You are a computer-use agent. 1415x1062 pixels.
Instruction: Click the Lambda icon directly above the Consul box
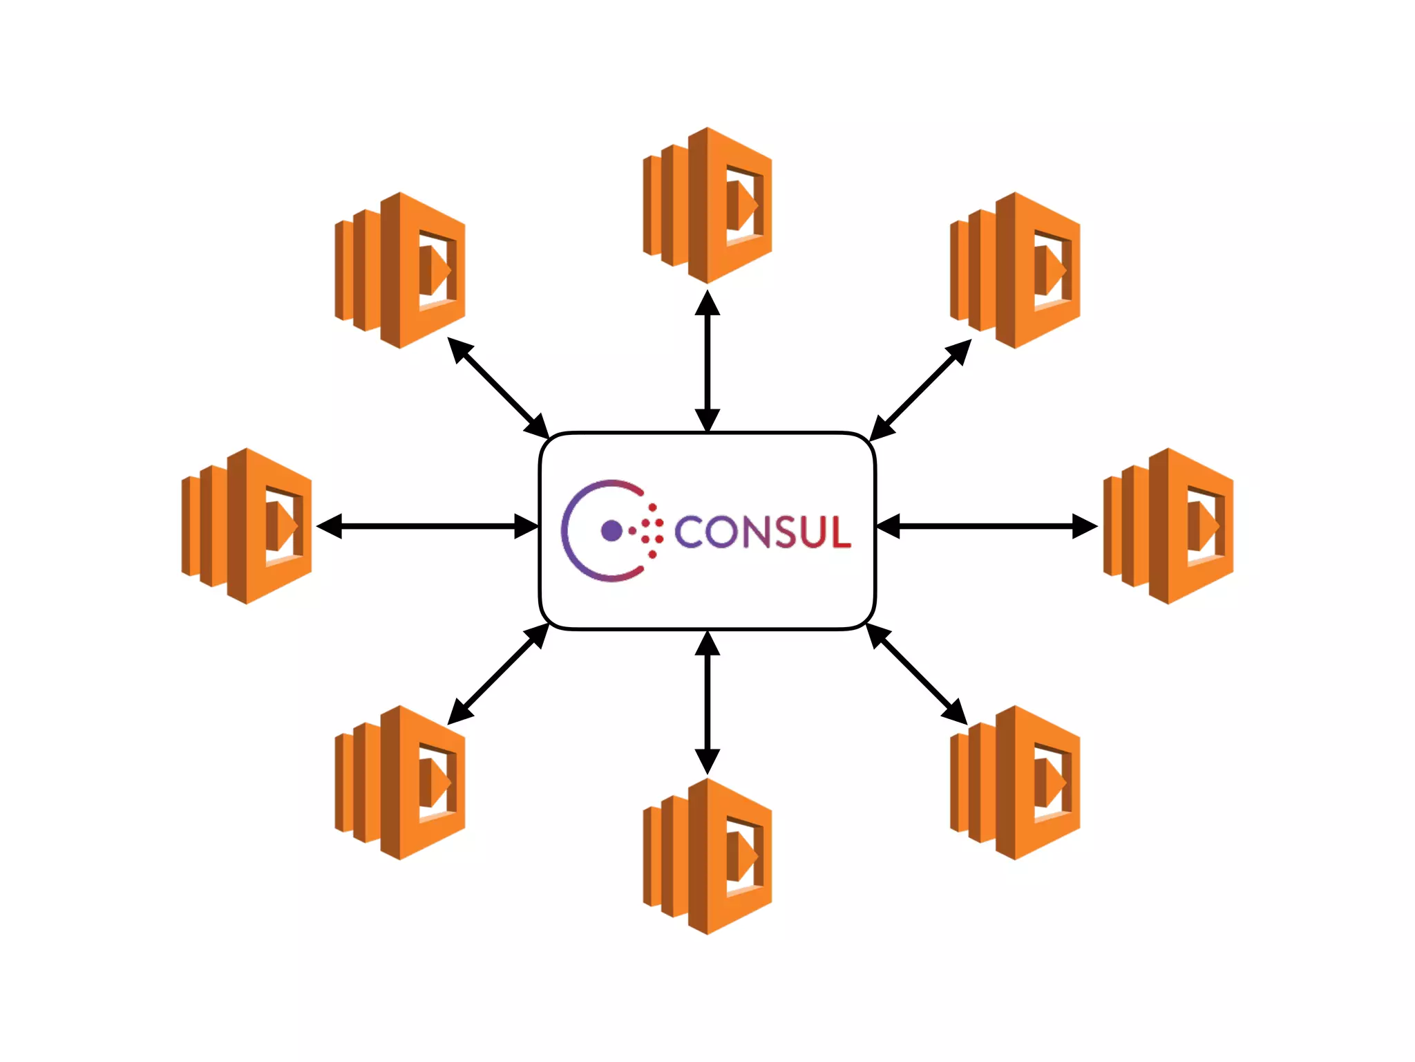[x=707, y=205]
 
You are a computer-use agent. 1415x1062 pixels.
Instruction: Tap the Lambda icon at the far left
[x=247, y=526]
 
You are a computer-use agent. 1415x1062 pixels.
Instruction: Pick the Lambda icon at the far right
[x=1168, y=526]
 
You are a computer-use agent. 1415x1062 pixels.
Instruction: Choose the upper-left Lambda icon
[x=400, y=270]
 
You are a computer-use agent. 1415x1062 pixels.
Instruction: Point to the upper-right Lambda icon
[x=1015, y=270]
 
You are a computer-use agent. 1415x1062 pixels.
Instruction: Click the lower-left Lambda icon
[x=400, y=783]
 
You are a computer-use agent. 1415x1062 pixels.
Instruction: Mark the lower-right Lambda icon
[x=1015, y=783]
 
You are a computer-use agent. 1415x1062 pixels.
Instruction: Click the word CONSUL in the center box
[x=762, y=532]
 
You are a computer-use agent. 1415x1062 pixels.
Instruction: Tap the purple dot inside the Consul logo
[x=611, y=530]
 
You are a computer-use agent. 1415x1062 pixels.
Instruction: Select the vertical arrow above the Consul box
[x=707, y=362]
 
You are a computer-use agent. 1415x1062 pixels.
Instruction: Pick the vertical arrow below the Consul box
[x=707, y=702]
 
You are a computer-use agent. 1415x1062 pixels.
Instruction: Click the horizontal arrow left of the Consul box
[x=427, y=526]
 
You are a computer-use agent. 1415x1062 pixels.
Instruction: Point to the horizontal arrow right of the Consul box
[x=987, y=526]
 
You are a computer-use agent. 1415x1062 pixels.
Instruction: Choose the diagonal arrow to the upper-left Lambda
[x=498, y=388]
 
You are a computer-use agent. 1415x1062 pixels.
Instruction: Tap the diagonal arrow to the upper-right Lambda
[x=920, y=390]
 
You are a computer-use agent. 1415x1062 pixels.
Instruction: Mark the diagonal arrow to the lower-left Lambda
[x=498, y=674]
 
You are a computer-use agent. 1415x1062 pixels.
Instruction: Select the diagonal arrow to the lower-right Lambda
[x=917, y=674]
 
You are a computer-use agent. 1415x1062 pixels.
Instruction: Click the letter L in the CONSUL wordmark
[x=839, y=532]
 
